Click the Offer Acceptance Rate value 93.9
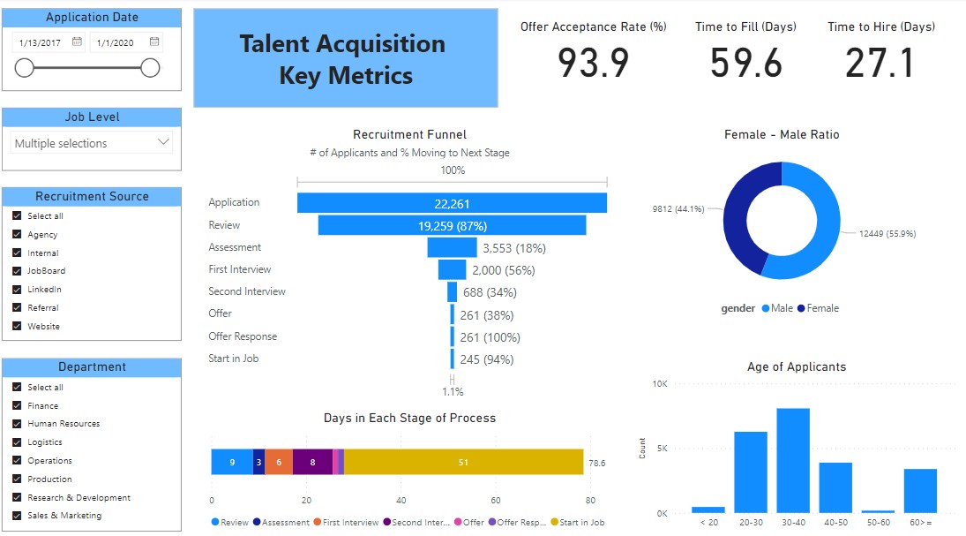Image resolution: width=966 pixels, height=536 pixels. point(593,62)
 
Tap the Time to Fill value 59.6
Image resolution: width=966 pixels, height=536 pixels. point(745,62)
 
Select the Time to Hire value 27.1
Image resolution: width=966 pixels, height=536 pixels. point(880,62)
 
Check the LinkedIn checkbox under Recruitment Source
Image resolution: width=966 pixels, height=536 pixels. point(17,290)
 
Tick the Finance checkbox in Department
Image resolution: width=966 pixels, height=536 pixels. point(17,406)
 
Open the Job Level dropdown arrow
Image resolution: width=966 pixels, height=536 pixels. point(163,142)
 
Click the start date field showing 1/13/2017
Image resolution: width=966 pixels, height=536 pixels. point(41,42)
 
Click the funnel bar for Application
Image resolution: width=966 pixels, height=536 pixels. point(452,203)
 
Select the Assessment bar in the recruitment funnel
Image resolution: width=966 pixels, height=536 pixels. point(452,247)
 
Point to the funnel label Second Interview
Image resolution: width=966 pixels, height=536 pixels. point(247,291)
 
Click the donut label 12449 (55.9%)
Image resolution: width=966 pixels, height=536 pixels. point(887,234)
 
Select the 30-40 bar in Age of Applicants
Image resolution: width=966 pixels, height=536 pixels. point(793,460)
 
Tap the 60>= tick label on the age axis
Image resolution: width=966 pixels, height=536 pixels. point(920,523)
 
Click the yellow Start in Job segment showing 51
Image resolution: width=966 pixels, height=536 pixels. point(464,462)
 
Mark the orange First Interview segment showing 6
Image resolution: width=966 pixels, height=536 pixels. point(279,462)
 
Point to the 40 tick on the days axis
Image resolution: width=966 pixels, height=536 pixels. point(401,499)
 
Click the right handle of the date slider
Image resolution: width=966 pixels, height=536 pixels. point(150,68)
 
